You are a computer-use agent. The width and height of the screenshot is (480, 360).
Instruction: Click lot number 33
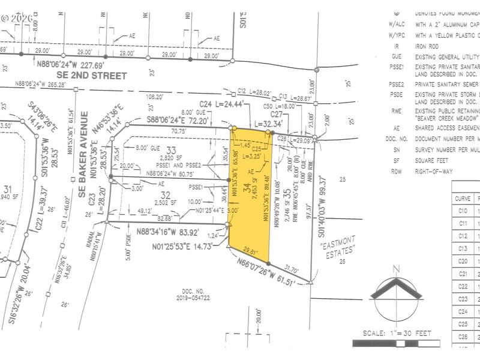[x=172, y=149]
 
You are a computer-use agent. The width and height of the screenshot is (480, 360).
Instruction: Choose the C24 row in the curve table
[x=463, y=311]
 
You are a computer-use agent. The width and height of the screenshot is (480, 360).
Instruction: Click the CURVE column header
[x=463, y=198]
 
